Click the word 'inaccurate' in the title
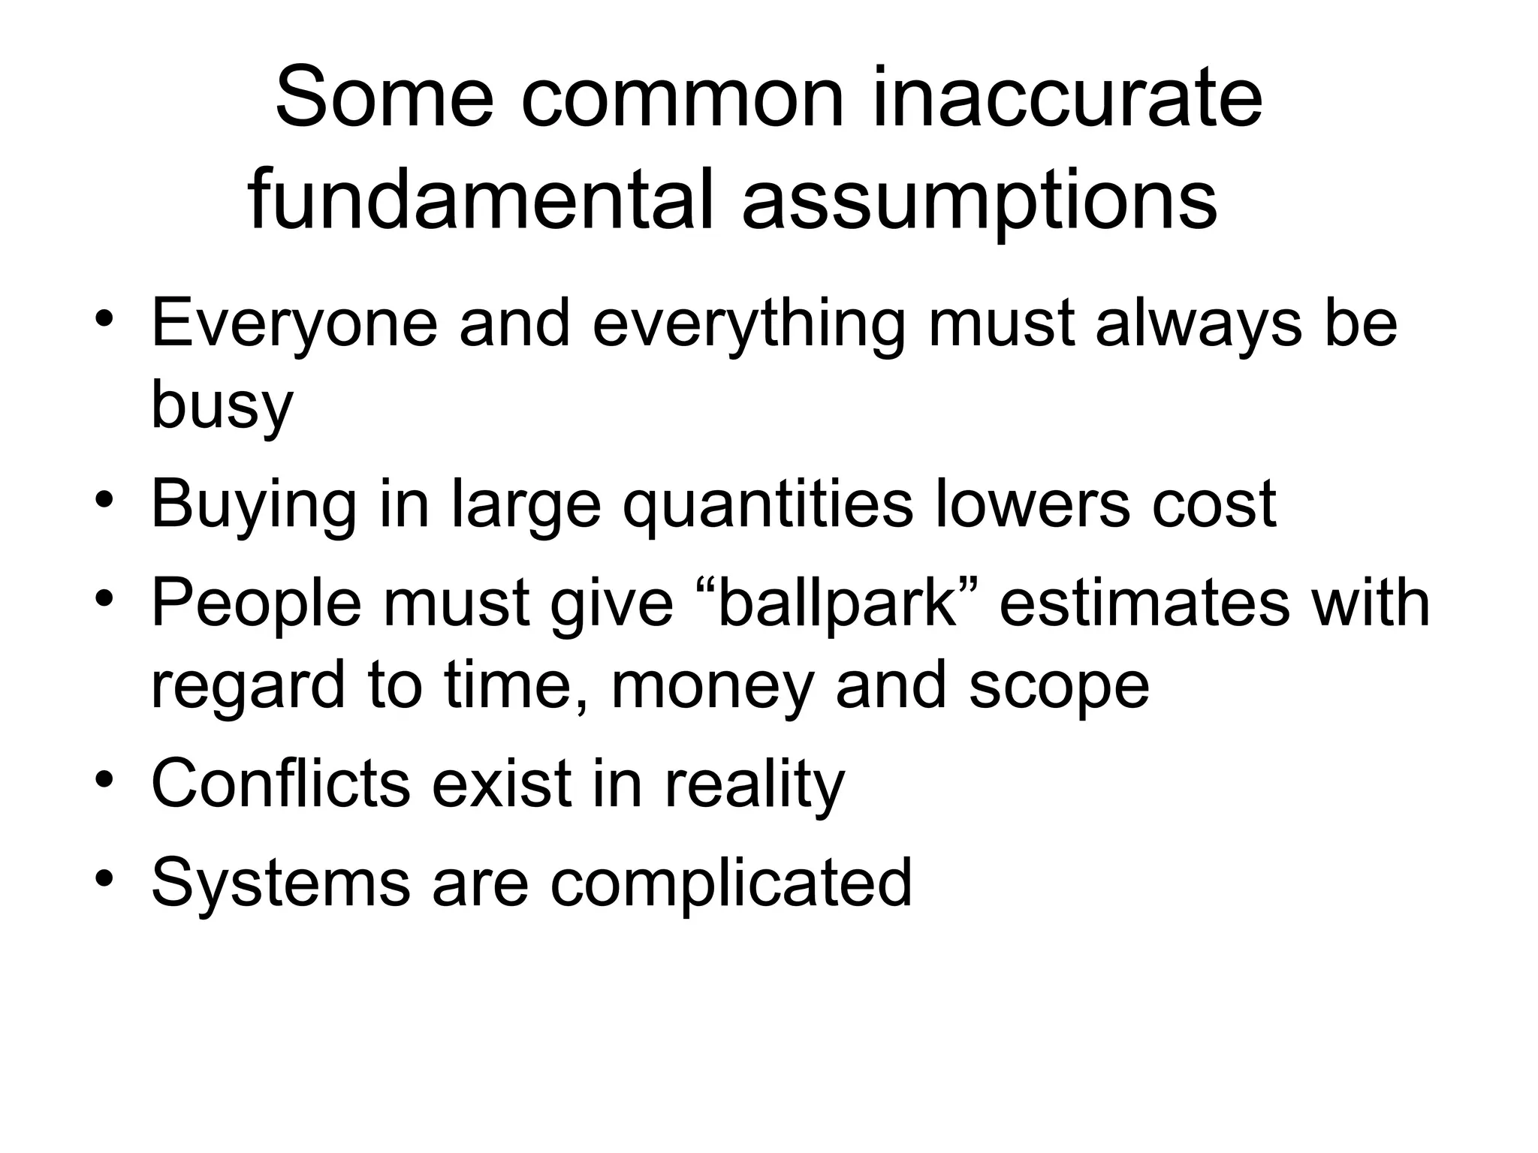[x=1067, y=98]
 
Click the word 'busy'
[x=222, y=405]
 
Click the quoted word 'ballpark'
[x=837, y=604]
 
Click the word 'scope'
[x=1059, y=686]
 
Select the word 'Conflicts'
[x=281, y=784]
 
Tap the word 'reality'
[x=755, y=784]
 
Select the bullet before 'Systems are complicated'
[x=104, y=878]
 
